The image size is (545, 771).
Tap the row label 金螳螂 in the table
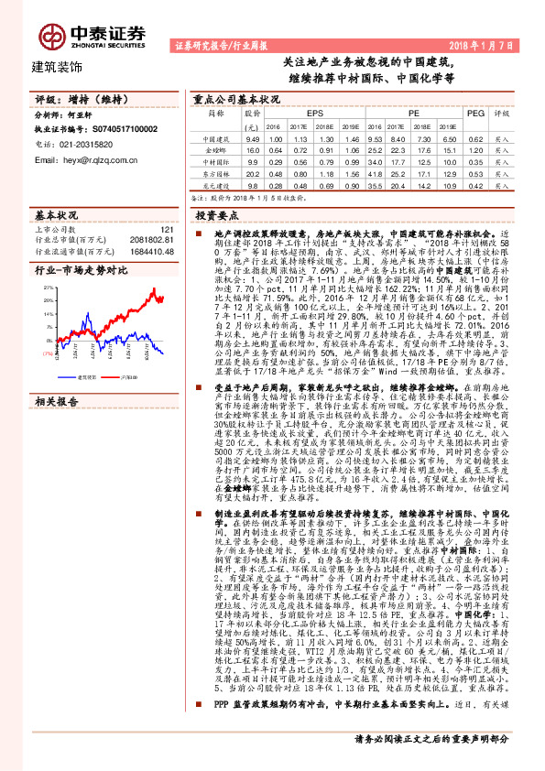[216, 148]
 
